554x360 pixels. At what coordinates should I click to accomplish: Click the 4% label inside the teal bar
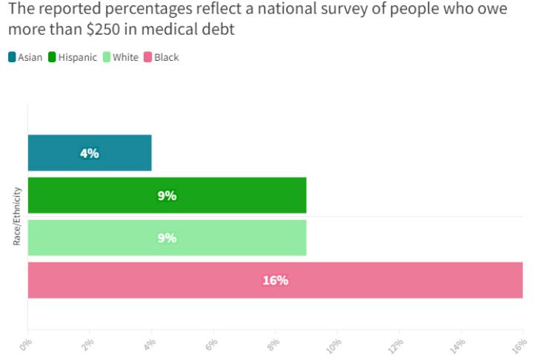[x=90, y=153]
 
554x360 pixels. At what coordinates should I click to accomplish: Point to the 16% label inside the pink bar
[x=275, y=280]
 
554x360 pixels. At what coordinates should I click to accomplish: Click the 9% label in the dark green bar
[x=167, y=196]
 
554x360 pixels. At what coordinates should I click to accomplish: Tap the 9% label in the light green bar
[x=167, y=238]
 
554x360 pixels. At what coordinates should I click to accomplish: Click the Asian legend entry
[x=25, y=57]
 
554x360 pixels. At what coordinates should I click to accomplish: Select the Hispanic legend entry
[x=73, y=57]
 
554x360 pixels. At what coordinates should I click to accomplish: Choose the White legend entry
[x=120, y=57]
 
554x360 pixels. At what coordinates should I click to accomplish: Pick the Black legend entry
[x=161, y=57]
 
